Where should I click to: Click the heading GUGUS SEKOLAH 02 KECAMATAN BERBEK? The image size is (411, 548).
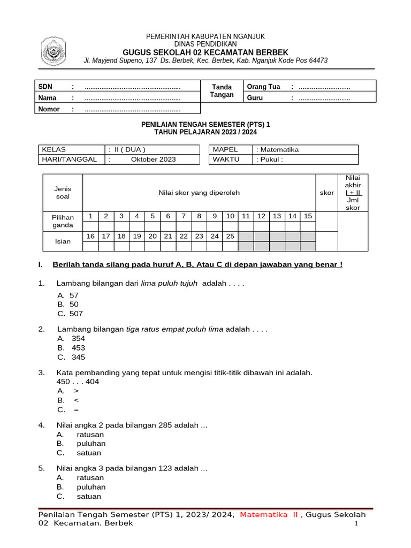205,52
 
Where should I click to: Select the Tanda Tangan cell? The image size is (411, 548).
223,91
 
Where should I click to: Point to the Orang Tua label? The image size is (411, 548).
263,87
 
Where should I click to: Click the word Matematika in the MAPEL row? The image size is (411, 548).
279,150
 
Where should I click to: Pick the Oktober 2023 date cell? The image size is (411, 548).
153,159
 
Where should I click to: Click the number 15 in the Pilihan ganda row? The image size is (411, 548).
308,216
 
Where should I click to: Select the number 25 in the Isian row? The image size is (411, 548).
230,236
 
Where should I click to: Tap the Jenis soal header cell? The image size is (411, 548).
63,193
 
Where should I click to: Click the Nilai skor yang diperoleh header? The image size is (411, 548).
199,193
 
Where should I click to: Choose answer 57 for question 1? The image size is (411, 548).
74,295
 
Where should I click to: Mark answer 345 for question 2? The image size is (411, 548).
78,357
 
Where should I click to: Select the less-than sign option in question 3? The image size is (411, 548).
76,400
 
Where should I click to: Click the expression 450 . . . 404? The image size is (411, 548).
78,382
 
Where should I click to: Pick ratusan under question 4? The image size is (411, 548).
90,435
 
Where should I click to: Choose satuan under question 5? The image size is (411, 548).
89,497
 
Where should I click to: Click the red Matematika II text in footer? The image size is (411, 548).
271,515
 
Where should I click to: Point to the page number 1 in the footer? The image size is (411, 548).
356,523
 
